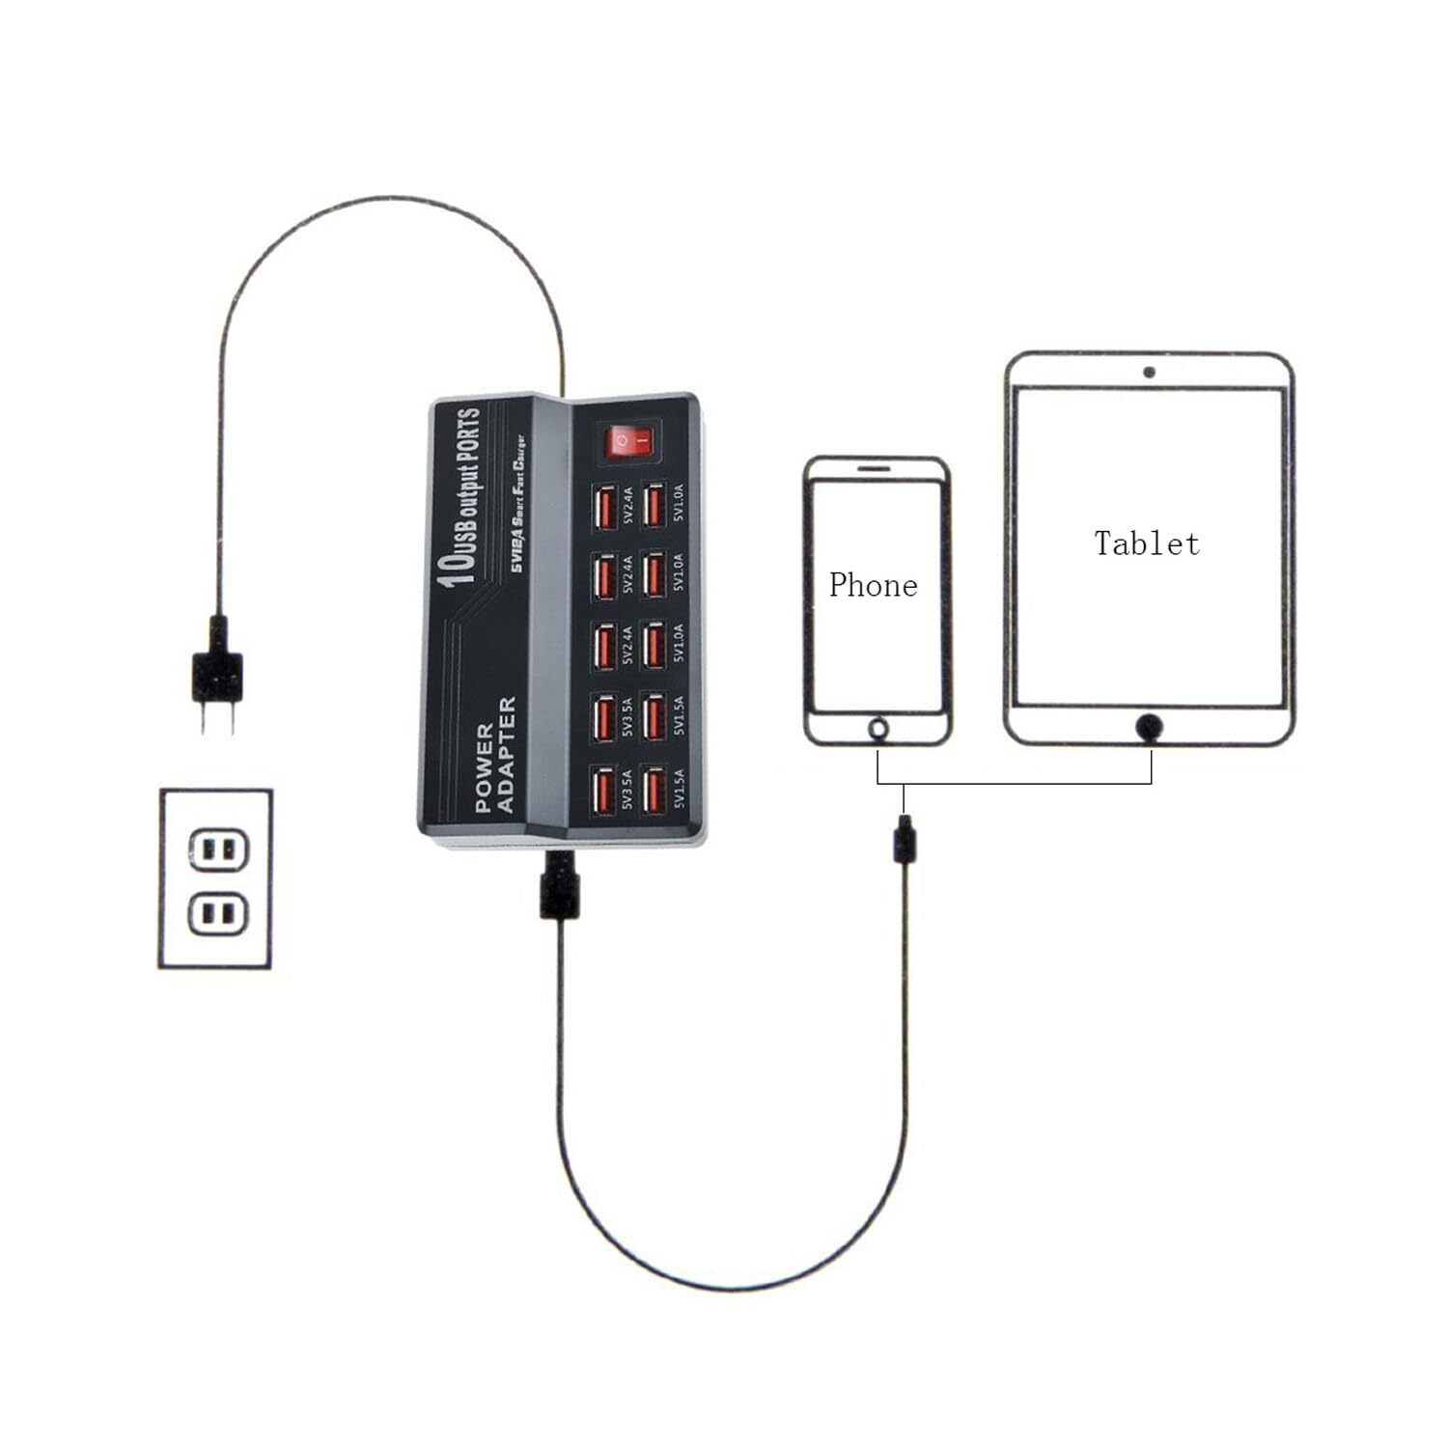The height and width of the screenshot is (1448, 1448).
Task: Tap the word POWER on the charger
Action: [x=485, y=767]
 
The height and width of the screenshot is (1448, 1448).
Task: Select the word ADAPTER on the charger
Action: [x=507, y=754]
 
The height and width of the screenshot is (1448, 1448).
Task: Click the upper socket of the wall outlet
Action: [x=217, y=849]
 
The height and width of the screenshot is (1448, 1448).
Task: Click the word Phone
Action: [x=873, y=585]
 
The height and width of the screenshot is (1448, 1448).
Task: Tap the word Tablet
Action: [x=1147, y=543]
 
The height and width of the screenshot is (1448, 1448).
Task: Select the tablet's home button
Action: [x=1149, y=726]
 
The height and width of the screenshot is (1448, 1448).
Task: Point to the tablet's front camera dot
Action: [x=1149, y=372]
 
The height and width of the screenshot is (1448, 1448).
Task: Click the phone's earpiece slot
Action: [x=875, y=466]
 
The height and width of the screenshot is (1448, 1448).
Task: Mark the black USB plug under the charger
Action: [x=559, y=886]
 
